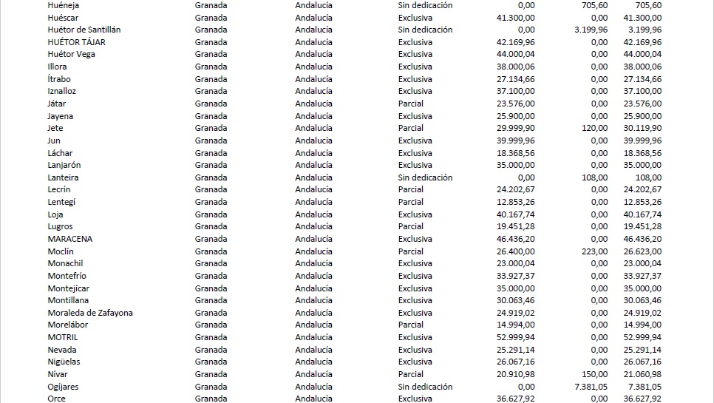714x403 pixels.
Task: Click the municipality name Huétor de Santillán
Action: (x=84, y=30)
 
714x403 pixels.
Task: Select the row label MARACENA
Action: (x=70, y=239)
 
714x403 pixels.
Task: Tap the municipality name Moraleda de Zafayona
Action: (x=90, y=313)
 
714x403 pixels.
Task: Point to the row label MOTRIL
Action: (x=63, y=337)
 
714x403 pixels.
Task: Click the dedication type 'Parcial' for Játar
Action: (x=410, y=104)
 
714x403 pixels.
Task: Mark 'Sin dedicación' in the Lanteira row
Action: (x=425, y=177)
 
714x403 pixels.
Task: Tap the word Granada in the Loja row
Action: (x=211, y=214)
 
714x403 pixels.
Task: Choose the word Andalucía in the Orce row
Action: (x=313, y=399)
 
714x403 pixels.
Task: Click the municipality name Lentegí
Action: (x=61, y=202)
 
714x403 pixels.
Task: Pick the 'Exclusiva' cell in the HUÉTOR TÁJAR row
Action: (x=415, y=42)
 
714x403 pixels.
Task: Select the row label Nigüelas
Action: (x=64, y=362)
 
